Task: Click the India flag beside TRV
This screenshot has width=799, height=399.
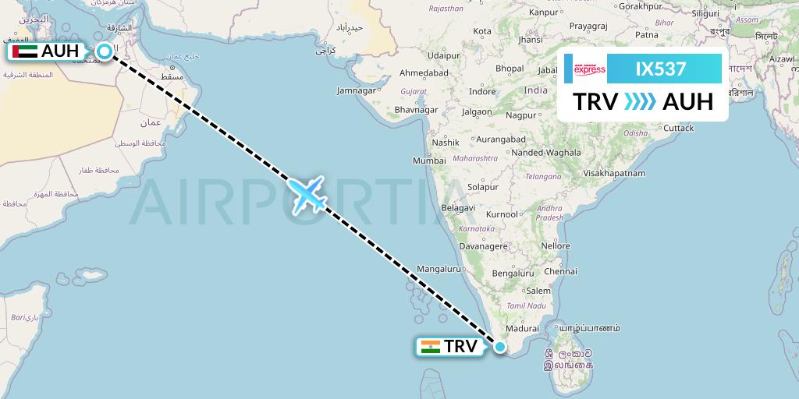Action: [x=430, y=347]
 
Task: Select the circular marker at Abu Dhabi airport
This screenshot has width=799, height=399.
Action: [x=104, y=52]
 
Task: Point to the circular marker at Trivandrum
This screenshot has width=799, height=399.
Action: [x=500, y=347]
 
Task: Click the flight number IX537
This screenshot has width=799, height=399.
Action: [x=661, y=69]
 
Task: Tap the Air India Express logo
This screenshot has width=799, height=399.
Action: [x=589, y=69]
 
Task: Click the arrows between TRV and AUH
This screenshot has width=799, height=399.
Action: [x=640, y=102]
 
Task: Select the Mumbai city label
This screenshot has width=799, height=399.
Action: [x=429, y=161]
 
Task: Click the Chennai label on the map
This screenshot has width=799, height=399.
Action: [x=561, y=272]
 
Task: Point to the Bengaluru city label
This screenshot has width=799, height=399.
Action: [x=513, y=274]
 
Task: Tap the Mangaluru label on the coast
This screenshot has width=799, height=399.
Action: [x=440, y=269]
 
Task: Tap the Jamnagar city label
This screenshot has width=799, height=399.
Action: [x=356, y=91]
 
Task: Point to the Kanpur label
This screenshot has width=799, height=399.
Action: [x=544, y=12]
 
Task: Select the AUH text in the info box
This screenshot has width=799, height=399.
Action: [x=687, y=102]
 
